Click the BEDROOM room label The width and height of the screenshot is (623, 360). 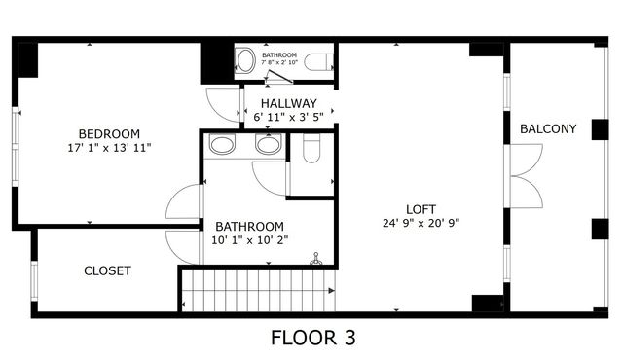109,133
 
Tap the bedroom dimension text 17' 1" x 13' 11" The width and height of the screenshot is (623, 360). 109,148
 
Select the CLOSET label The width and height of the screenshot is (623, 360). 107,270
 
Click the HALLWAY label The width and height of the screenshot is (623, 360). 289,103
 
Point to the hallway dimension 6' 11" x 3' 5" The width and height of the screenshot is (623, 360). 289,117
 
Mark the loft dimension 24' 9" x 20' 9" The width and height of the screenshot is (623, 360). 421,223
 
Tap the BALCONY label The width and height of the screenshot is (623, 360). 548,128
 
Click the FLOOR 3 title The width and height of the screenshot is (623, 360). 312,339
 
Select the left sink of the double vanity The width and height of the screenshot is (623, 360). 223,146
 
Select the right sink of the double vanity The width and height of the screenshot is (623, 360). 268,146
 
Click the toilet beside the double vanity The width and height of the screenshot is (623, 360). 311,148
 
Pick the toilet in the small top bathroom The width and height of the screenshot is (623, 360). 316,62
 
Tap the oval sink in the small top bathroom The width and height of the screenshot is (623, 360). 245,60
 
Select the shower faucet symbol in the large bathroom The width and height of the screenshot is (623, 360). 315,260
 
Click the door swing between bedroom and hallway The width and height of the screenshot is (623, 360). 225,105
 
